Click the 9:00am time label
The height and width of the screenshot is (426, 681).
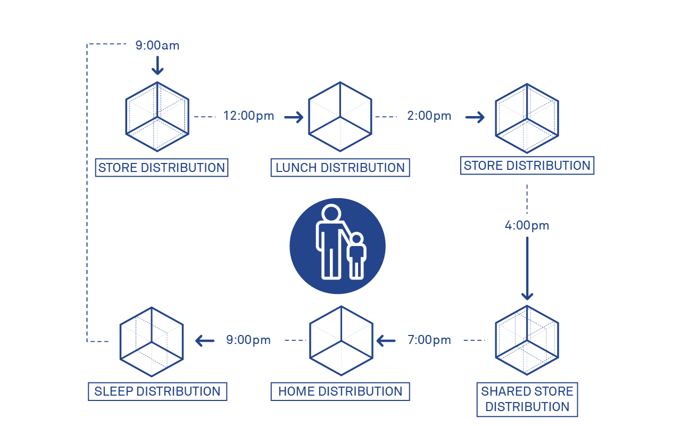[157, 46]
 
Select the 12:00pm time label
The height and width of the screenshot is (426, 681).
[248, 116]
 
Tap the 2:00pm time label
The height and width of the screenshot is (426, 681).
[429, 116]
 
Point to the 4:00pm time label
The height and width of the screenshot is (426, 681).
[527, 225]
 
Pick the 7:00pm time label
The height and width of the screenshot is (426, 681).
[429, 340]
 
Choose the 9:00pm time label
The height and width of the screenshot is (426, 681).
[248, 340]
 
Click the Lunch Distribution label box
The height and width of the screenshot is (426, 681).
[340, 168]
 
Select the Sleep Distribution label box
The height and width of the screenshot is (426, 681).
[157, 391]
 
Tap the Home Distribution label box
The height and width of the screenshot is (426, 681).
[340, 391]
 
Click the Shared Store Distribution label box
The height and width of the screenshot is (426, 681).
[527, 399]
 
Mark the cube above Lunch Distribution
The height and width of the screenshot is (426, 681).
[340, 117]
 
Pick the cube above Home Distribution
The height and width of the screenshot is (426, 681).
[341, 340]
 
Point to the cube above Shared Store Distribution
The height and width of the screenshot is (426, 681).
[527, 340]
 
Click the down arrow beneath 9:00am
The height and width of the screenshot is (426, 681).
[157, 65]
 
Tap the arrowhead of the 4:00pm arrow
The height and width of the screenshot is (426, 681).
[527, 295]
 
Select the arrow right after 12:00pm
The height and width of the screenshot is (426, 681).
[294, 117]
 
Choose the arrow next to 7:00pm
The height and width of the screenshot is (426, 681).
[386, 340]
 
